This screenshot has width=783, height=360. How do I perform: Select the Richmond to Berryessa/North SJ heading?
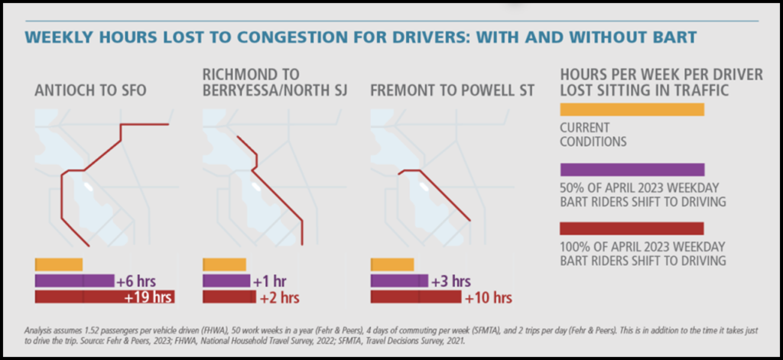tap(275, 83)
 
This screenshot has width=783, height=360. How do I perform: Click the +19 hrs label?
tap(148, 297)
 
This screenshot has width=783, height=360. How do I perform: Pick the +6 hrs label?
tap(135, 281)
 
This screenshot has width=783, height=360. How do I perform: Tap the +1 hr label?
tap(272, 281)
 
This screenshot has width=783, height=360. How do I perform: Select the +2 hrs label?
tap(280, 297)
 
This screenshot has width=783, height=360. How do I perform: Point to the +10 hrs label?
tap(489, 297)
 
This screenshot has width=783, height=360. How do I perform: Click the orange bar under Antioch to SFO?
tap(59, 264)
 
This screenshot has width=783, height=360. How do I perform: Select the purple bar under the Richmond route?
tap(226, 281)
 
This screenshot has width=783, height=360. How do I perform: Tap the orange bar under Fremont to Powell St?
tap(392, 264)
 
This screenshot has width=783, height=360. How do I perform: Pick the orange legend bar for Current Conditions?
tap(632, 109)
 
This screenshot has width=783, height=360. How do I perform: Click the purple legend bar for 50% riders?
tap(632, 170)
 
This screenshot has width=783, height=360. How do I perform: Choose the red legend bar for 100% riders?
tap(632, 229)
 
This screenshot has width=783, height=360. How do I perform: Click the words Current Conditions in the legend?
tap(593, 135)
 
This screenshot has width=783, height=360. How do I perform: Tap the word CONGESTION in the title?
tap(283, 37)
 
